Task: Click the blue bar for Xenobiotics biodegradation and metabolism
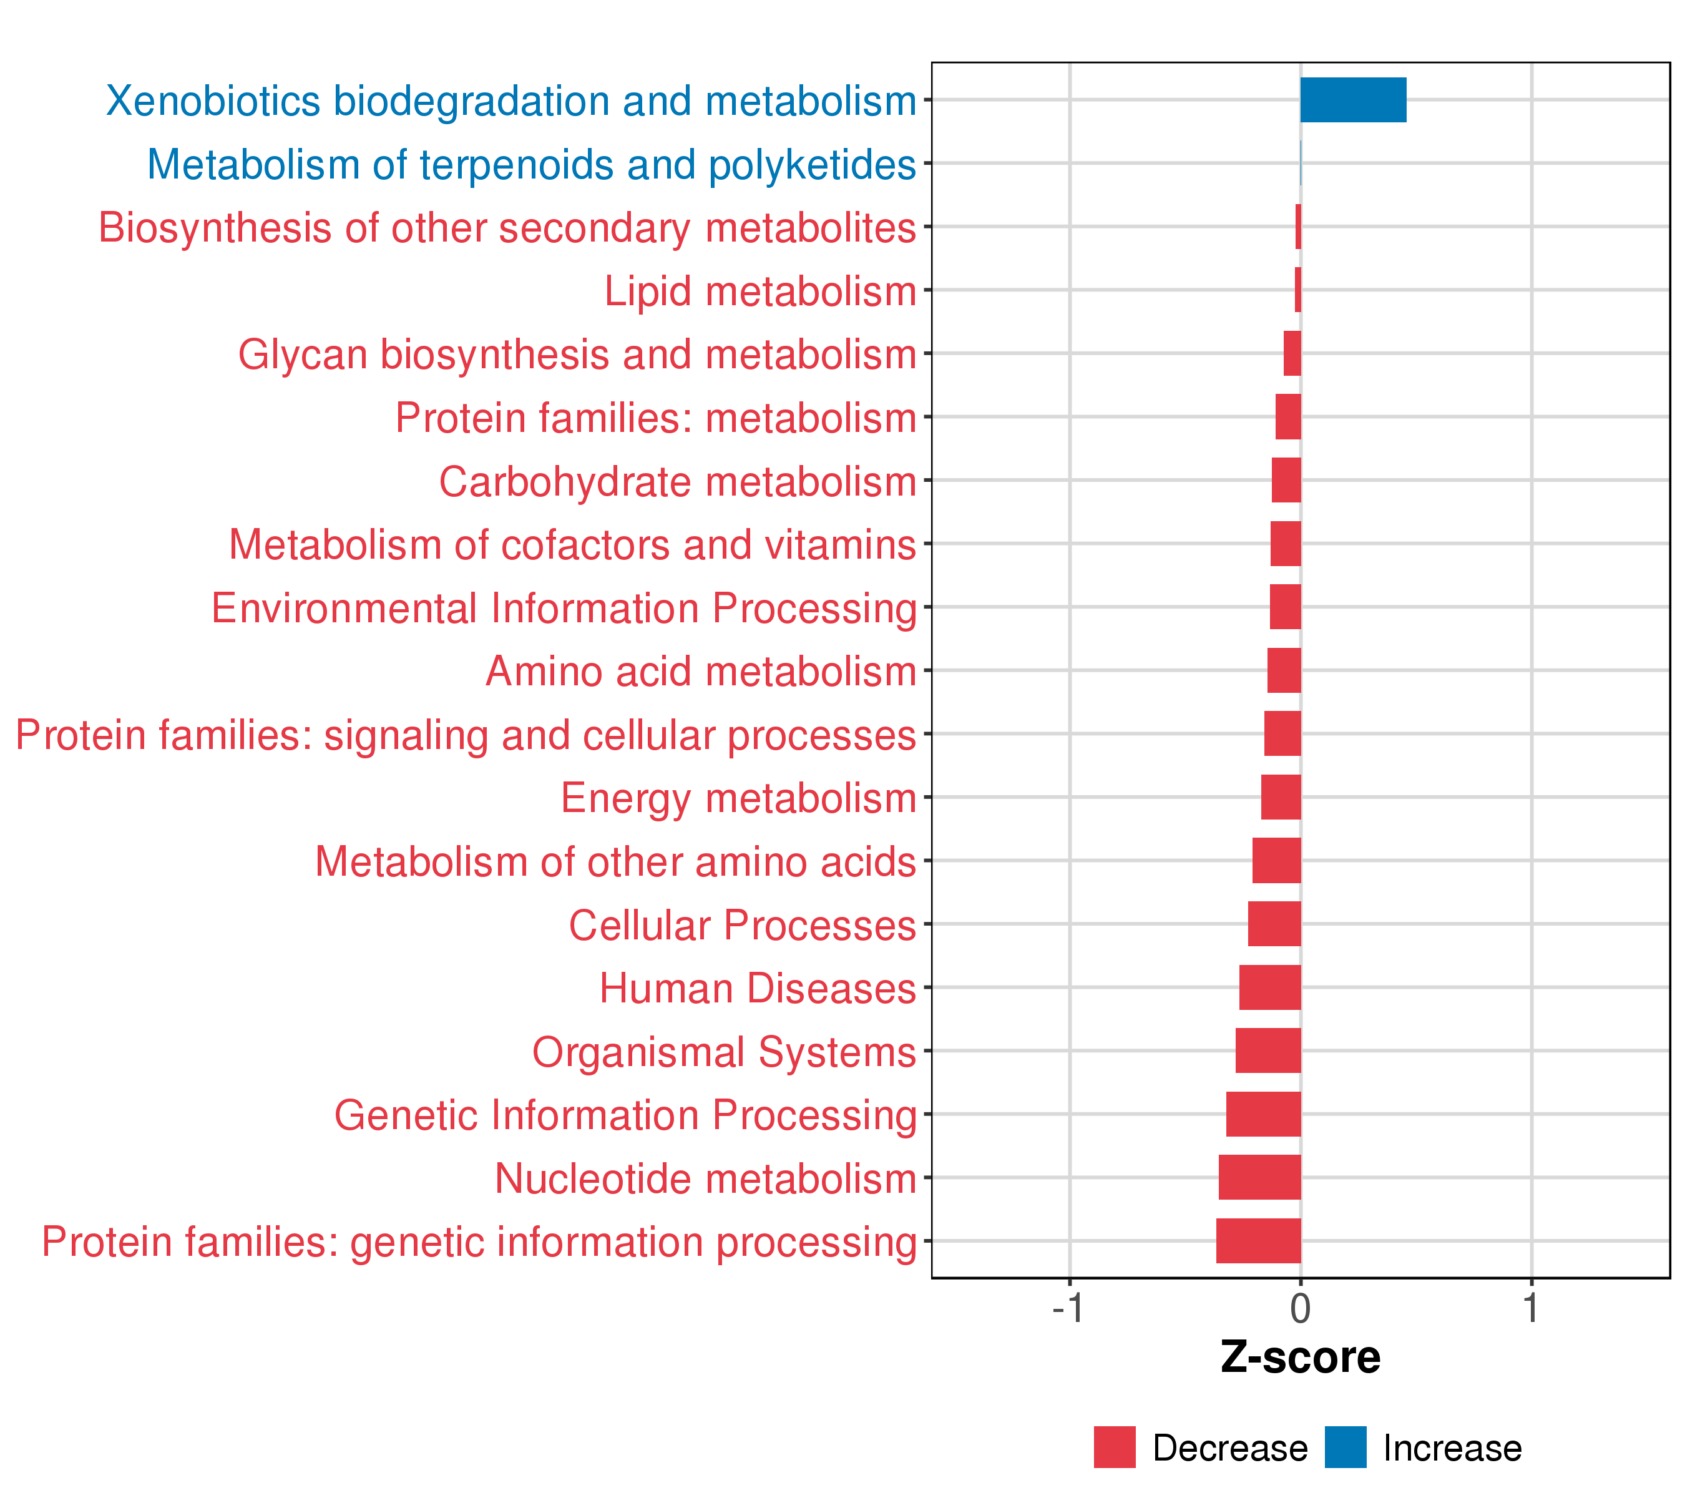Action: [1353, 100]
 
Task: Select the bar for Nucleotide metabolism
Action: [1259, 1177]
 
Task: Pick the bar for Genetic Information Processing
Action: [1263, 1114]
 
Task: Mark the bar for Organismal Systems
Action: [1268, 1050]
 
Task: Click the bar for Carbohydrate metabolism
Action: [1286, 480]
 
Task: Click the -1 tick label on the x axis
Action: [1068, 1308]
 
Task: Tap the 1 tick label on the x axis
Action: [1531, 1308]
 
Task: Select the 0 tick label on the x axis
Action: [1300, 1308]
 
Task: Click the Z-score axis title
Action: [1300, 1358]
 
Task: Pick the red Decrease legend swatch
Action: [1115, 1447]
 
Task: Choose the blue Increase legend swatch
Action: [1346, 1447]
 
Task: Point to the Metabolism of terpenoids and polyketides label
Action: [532, 165]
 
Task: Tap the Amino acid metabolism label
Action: [701, 672]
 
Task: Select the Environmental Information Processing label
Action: [564, 609]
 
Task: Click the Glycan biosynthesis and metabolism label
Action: [577, 355]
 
